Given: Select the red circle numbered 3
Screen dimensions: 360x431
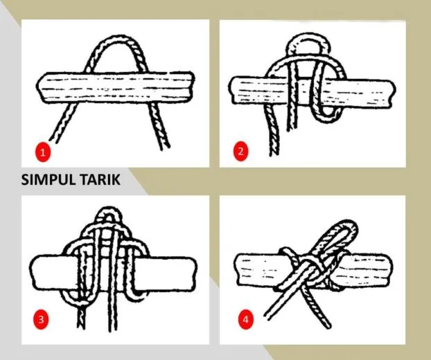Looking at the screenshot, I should click(43, 319).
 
